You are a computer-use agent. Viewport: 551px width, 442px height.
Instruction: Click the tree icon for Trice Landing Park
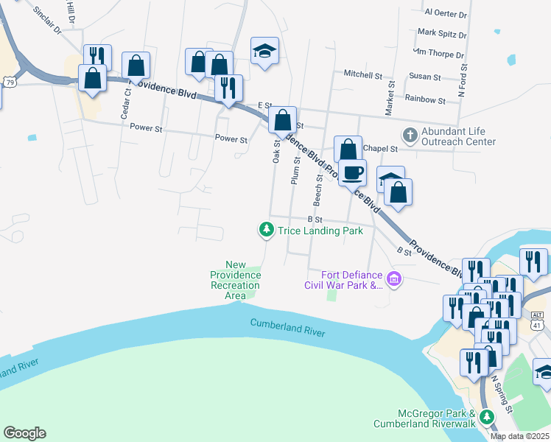point(266,231)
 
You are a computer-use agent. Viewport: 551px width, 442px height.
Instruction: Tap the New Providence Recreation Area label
point(235,280)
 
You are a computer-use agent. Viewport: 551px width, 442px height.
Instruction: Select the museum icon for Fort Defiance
point(394,279)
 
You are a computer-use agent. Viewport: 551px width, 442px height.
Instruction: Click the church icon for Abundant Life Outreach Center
point(409,136)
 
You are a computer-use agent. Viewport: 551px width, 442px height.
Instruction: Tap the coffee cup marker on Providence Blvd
point(352,173)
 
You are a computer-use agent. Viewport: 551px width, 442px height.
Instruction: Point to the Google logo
point(24,433)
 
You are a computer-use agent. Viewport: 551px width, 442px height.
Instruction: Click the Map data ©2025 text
point(519,436)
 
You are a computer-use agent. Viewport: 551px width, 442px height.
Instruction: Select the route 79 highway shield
point(9,83)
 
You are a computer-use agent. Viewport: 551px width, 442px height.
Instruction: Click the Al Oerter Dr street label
point(446,13)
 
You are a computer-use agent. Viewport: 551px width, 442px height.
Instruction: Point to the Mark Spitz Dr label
point(442,34)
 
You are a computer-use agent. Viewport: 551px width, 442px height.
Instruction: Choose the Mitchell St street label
point(363,74)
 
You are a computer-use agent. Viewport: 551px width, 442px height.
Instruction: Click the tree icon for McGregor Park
point(486,418)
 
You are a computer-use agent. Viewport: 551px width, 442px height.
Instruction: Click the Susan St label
point(425,77)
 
